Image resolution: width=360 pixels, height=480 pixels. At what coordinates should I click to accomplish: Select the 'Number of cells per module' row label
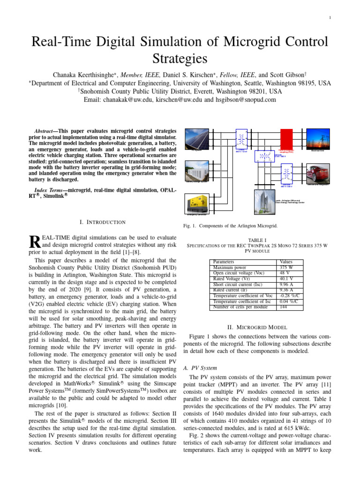click(x=241, y=307)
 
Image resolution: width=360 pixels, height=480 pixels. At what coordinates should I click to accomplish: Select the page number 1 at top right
click(x=330, y=18)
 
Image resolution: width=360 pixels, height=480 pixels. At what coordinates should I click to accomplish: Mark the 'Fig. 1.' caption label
click(x=195, y=226)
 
